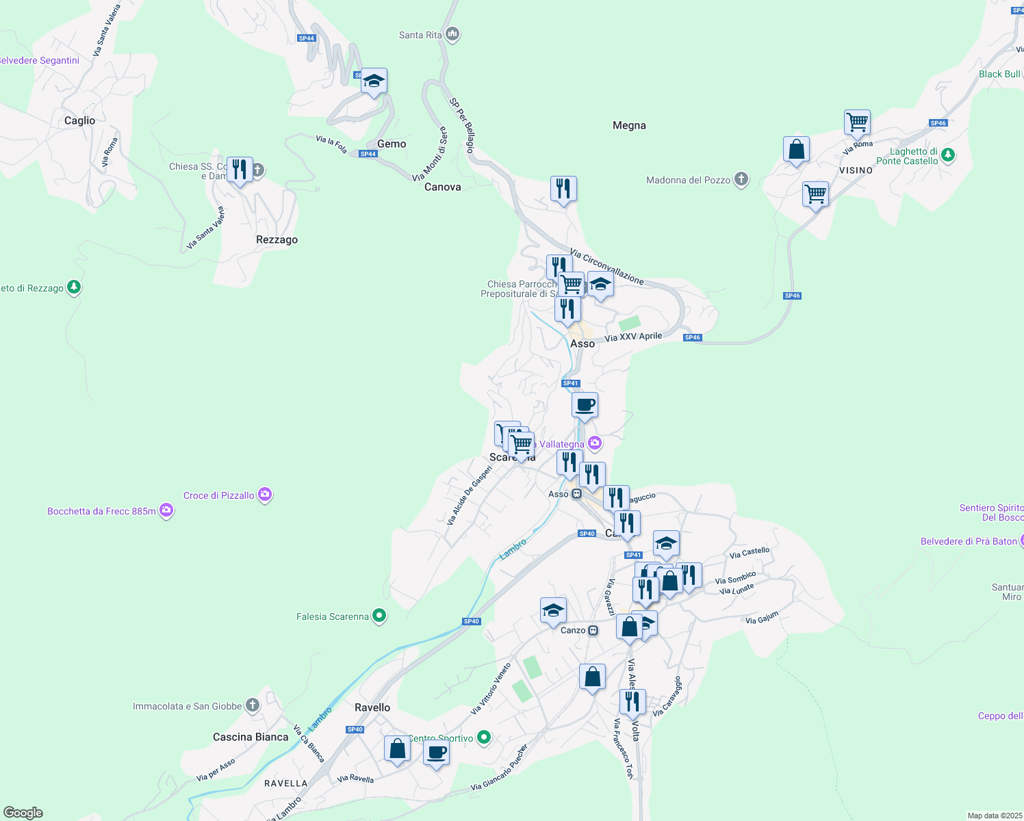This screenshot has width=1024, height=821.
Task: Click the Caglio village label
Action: pos(79,121)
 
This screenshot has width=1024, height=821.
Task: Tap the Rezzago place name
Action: pos(277,240)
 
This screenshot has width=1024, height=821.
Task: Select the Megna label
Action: pos(629,126)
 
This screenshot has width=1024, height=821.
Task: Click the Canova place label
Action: pos(442,187)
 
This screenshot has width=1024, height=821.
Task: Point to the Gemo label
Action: pos(392,144)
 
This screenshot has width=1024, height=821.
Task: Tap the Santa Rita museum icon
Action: pos(452,34)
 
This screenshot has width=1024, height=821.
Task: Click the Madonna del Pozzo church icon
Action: pos(741,180)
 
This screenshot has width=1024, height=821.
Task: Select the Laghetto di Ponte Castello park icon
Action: pos(948,155)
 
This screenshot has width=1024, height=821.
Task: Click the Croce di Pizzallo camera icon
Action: pos(265,495)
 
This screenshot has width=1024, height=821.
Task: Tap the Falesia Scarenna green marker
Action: pos(379,616)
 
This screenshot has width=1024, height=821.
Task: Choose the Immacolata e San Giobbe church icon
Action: pos(253,705)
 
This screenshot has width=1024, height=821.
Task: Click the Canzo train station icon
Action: pos(593,630)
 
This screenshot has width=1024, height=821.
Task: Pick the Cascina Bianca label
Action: pos(251,738)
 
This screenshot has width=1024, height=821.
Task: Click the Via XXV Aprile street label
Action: pos(633,337)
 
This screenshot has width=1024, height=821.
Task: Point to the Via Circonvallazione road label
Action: pos(606,266)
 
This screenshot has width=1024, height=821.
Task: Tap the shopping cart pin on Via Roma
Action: pos(857,123)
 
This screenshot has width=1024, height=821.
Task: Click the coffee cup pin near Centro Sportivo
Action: pos(436,753)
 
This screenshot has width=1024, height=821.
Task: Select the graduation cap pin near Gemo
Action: pos(374,82)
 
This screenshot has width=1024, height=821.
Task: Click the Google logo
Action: pos(23,813)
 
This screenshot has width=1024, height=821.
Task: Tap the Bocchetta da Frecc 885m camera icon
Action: pos(166,510)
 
